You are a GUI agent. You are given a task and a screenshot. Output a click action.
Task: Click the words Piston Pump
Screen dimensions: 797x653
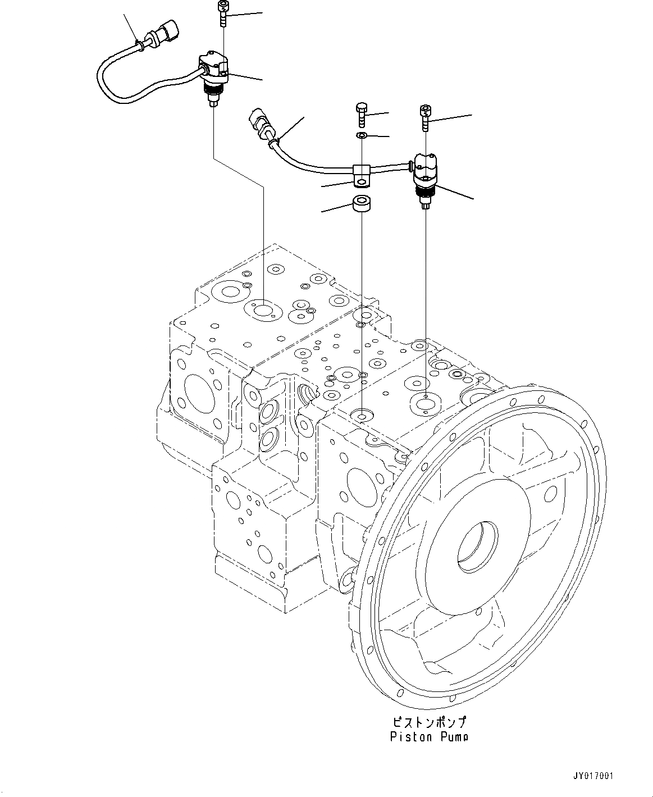coord(430,736)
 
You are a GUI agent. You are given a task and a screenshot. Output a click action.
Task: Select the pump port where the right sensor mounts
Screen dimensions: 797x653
coord(425,400)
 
